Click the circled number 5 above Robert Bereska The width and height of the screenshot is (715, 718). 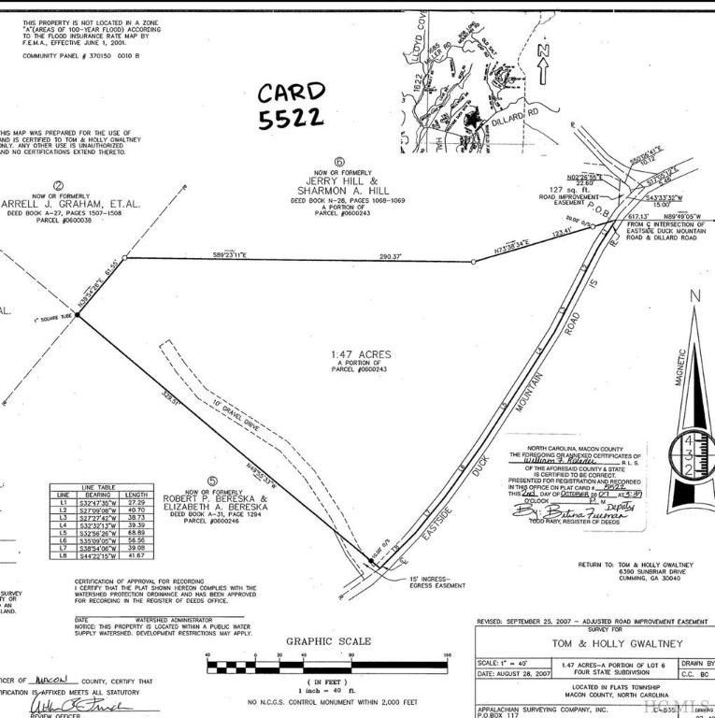213,482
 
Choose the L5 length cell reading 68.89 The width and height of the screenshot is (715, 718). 137,532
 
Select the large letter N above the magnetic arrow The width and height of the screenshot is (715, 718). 694,297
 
